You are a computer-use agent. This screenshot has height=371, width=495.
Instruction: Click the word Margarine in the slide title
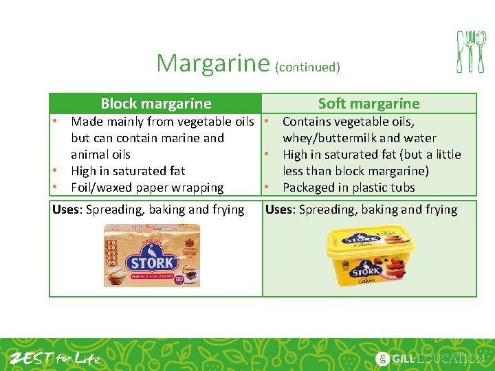(212, 63)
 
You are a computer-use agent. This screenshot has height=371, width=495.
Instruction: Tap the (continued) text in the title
(307, 67)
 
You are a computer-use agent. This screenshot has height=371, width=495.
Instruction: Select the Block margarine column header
(156, 104)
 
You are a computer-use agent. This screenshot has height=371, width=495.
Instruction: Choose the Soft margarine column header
(368, 104)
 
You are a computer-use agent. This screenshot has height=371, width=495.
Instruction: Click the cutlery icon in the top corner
(471, 52)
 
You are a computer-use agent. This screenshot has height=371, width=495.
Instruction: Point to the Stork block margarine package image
(152, 256)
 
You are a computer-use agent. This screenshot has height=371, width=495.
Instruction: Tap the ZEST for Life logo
(54, 358)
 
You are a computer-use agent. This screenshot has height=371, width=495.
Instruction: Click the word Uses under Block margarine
(67, 210)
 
